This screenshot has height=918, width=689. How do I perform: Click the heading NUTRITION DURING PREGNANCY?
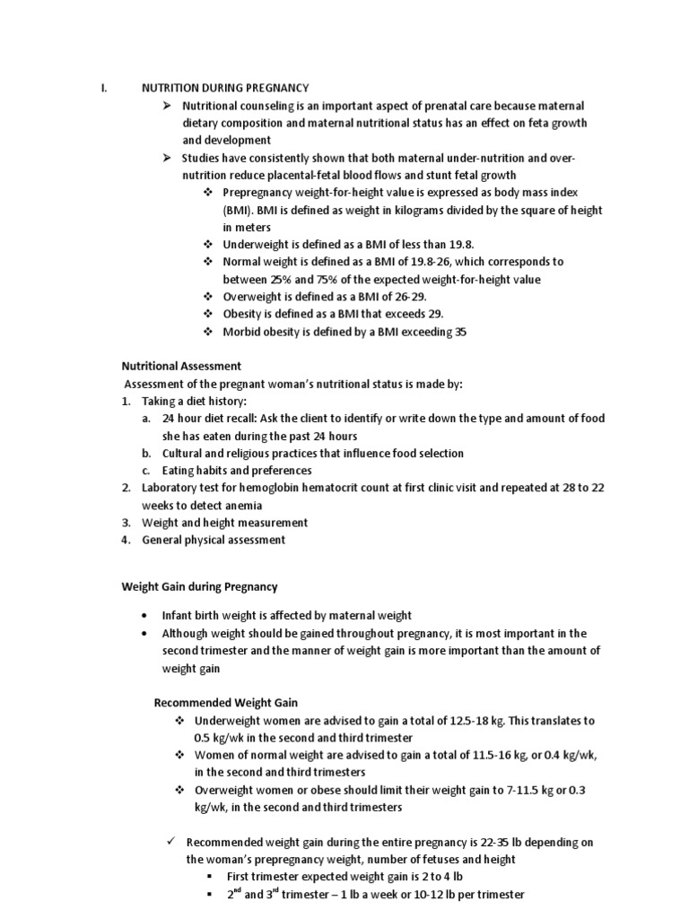tap(225, 88)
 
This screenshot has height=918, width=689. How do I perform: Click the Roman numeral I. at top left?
tap(104, 88)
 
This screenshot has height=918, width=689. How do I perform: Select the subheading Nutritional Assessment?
tap(180, 366)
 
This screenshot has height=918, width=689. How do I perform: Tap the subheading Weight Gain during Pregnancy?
tap(199, 587)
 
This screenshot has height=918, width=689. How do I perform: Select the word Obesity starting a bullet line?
tap(242, 314)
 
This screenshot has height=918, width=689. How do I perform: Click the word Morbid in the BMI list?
tap(241, 332)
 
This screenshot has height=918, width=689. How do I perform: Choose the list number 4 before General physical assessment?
tap(126, 540)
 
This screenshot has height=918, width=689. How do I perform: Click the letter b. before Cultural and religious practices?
tap(146, 453)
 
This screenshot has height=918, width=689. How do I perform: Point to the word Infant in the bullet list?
tap(178, 615)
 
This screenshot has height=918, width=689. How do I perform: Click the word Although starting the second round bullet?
tap(188, 633)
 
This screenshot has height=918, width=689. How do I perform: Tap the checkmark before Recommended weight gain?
tap(170, 842)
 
